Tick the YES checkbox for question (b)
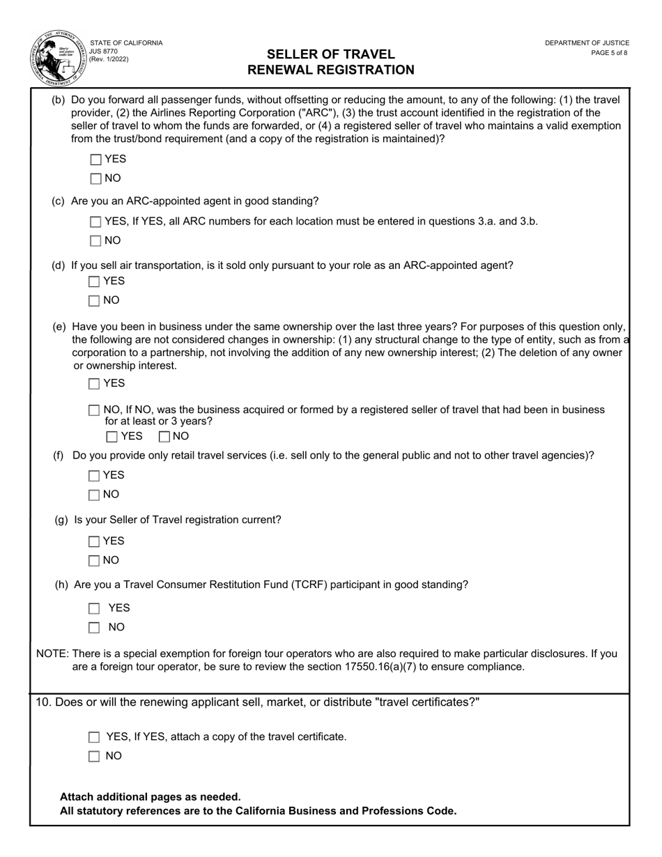click(x=96, y=160)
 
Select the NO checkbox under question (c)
click(x=96, y=241)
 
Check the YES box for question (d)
click(x=95, y=281)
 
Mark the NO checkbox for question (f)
click(x=95, y=495)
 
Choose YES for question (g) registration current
click(x=95, y=541)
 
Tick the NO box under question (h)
click(x=95, y=628)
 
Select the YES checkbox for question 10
click(x=95, y=737)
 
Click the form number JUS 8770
click(x=104, y=52)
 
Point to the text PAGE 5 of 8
click(x=608, y=52)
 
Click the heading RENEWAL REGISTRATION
click(x=330, y=70)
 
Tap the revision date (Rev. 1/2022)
click(x=109, y=60)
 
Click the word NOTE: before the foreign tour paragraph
click(x=52, y=654)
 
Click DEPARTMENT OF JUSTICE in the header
click(x=587, y=43)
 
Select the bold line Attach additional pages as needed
click(x=151, y=796)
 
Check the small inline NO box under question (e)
click(x=164, y=437)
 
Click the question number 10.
click(x=43, y=702)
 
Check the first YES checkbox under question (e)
click(x=95, y=384)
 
